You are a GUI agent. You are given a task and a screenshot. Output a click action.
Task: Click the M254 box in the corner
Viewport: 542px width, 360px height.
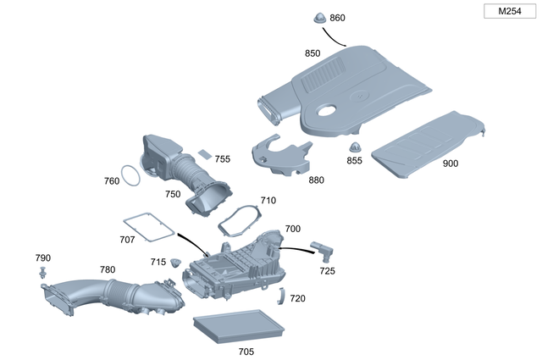(508, 11)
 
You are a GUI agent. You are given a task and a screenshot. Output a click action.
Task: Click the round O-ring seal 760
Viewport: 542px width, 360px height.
(130, 176)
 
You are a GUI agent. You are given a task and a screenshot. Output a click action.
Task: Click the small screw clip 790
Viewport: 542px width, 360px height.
(41, 272)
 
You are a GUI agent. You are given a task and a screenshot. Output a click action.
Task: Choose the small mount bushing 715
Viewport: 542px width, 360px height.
(176, 262)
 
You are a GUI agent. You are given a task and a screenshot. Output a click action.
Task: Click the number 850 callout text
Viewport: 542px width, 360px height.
(312, 53)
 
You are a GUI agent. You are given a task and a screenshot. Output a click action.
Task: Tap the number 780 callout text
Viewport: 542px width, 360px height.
(108, 269)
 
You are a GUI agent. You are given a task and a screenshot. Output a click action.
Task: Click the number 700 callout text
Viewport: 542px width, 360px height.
(292, 229)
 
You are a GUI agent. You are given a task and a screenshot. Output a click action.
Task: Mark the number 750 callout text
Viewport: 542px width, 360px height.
(173, 194)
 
